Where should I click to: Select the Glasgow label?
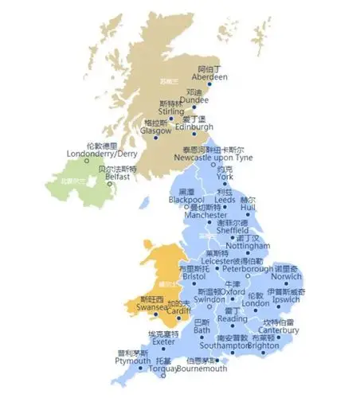pyautogui.click(x=156, y=130)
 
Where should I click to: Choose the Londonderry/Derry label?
pyautogui.click(x=92, y=154)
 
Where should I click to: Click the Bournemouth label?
pyautogui.click(x=202, y=369)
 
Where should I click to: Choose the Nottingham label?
pyautogui.click(x=248, y=246)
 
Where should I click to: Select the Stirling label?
pyautogui.click(x=170, y=111)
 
